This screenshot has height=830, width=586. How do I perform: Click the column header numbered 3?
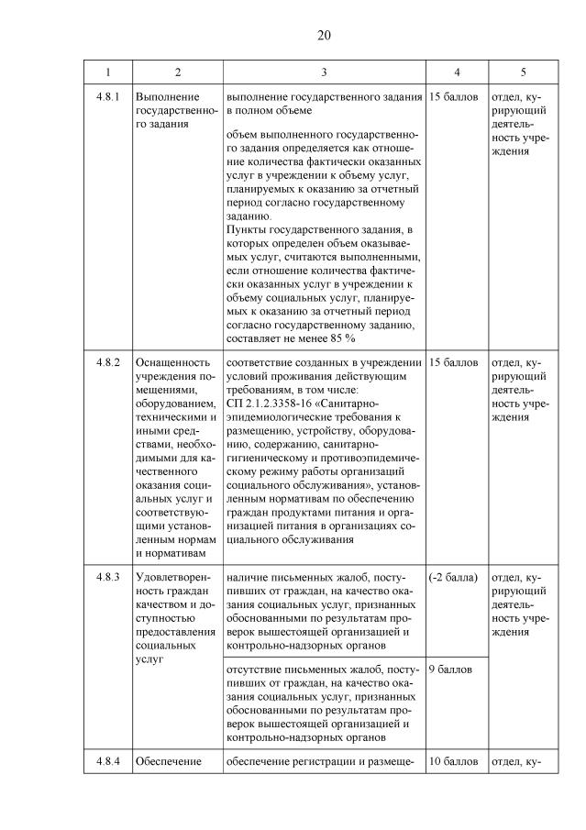click(x=324, y=72)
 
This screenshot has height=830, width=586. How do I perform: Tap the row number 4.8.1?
click(x=107, y=96)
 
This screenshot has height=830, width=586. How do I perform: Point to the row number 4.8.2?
click(x=107, y=362)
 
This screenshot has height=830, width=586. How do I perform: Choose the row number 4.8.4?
click(x=107, y=761)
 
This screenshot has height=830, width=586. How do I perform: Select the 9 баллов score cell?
click(x=450, y=669)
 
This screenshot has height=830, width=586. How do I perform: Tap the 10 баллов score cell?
click(x=453, y=761)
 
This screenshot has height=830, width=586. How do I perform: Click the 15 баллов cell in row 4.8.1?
click(x=453, y=96)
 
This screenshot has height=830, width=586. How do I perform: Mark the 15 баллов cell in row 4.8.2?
click(x=453, y=362)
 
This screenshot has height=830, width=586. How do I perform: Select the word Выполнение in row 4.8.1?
click(x=166, y=96)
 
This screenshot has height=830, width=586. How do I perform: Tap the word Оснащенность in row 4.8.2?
click(x=172, y=362)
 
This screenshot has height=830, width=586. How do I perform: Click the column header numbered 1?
click(x=107, y=72)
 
